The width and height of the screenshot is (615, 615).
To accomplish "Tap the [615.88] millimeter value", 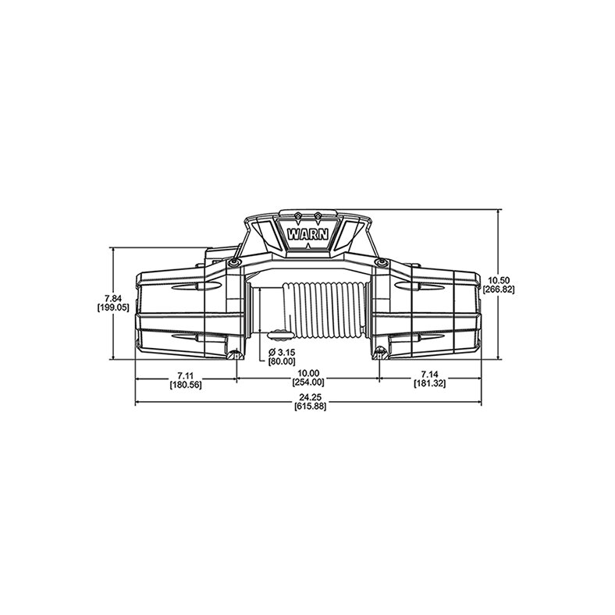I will click(307, 407).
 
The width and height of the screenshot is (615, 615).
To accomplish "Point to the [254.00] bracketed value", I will click(307, 384).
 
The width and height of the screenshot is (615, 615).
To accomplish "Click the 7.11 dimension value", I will click(185, 375).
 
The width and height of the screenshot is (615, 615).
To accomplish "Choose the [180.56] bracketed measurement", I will click(185, 384).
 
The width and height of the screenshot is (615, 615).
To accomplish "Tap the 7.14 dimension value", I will click(428, 375).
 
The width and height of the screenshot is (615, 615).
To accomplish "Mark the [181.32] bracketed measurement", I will click(428, 384).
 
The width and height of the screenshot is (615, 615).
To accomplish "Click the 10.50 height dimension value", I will click(498, 279).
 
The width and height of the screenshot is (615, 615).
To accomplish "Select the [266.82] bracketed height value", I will click(498, 289).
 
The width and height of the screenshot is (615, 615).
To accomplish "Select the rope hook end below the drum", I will click(275, 334).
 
